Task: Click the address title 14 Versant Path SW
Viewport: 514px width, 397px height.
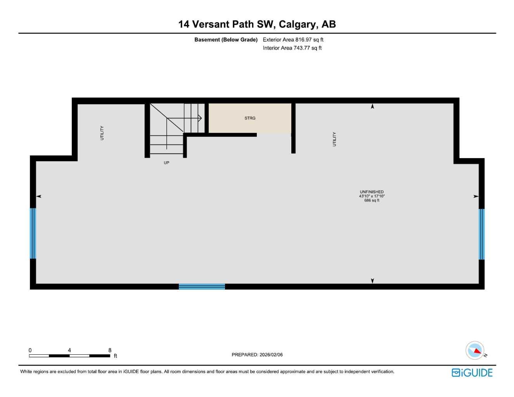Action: pos(257,24)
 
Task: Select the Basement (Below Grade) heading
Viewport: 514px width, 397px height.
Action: pos(226,40)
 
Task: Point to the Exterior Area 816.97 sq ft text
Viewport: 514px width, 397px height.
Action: pos(293,40)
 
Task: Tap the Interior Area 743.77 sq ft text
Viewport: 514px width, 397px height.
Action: pos(292,48)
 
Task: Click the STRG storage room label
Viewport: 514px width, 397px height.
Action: pos(250,118)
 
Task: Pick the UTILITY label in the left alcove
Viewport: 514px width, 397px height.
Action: pos(102,133)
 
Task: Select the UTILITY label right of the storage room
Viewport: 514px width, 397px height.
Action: pos(334,139)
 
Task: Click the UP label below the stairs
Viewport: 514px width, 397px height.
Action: pos(166,163)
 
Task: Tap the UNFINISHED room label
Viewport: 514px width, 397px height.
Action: pos(372,192)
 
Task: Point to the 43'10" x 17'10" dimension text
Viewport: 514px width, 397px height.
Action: pos(372,196)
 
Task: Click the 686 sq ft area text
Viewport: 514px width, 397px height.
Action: pos(372,200)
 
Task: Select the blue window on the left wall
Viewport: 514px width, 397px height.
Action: pos(33,233)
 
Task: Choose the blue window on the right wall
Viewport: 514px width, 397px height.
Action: pos(481,234)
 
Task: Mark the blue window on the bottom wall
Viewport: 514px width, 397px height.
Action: pos(202,287)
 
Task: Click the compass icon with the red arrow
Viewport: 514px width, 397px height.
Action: pos(475,351)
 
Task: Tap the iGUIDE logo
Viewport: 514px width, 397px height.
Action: pos(472,373)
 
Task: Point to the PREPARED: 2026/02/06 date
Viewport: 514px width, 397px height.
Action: pos(257,355)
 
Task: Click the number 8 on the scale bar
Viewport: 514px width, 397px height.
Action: pos(110,350)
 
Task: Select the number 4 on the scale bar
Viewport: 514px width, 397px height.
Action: pos(69,350)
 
